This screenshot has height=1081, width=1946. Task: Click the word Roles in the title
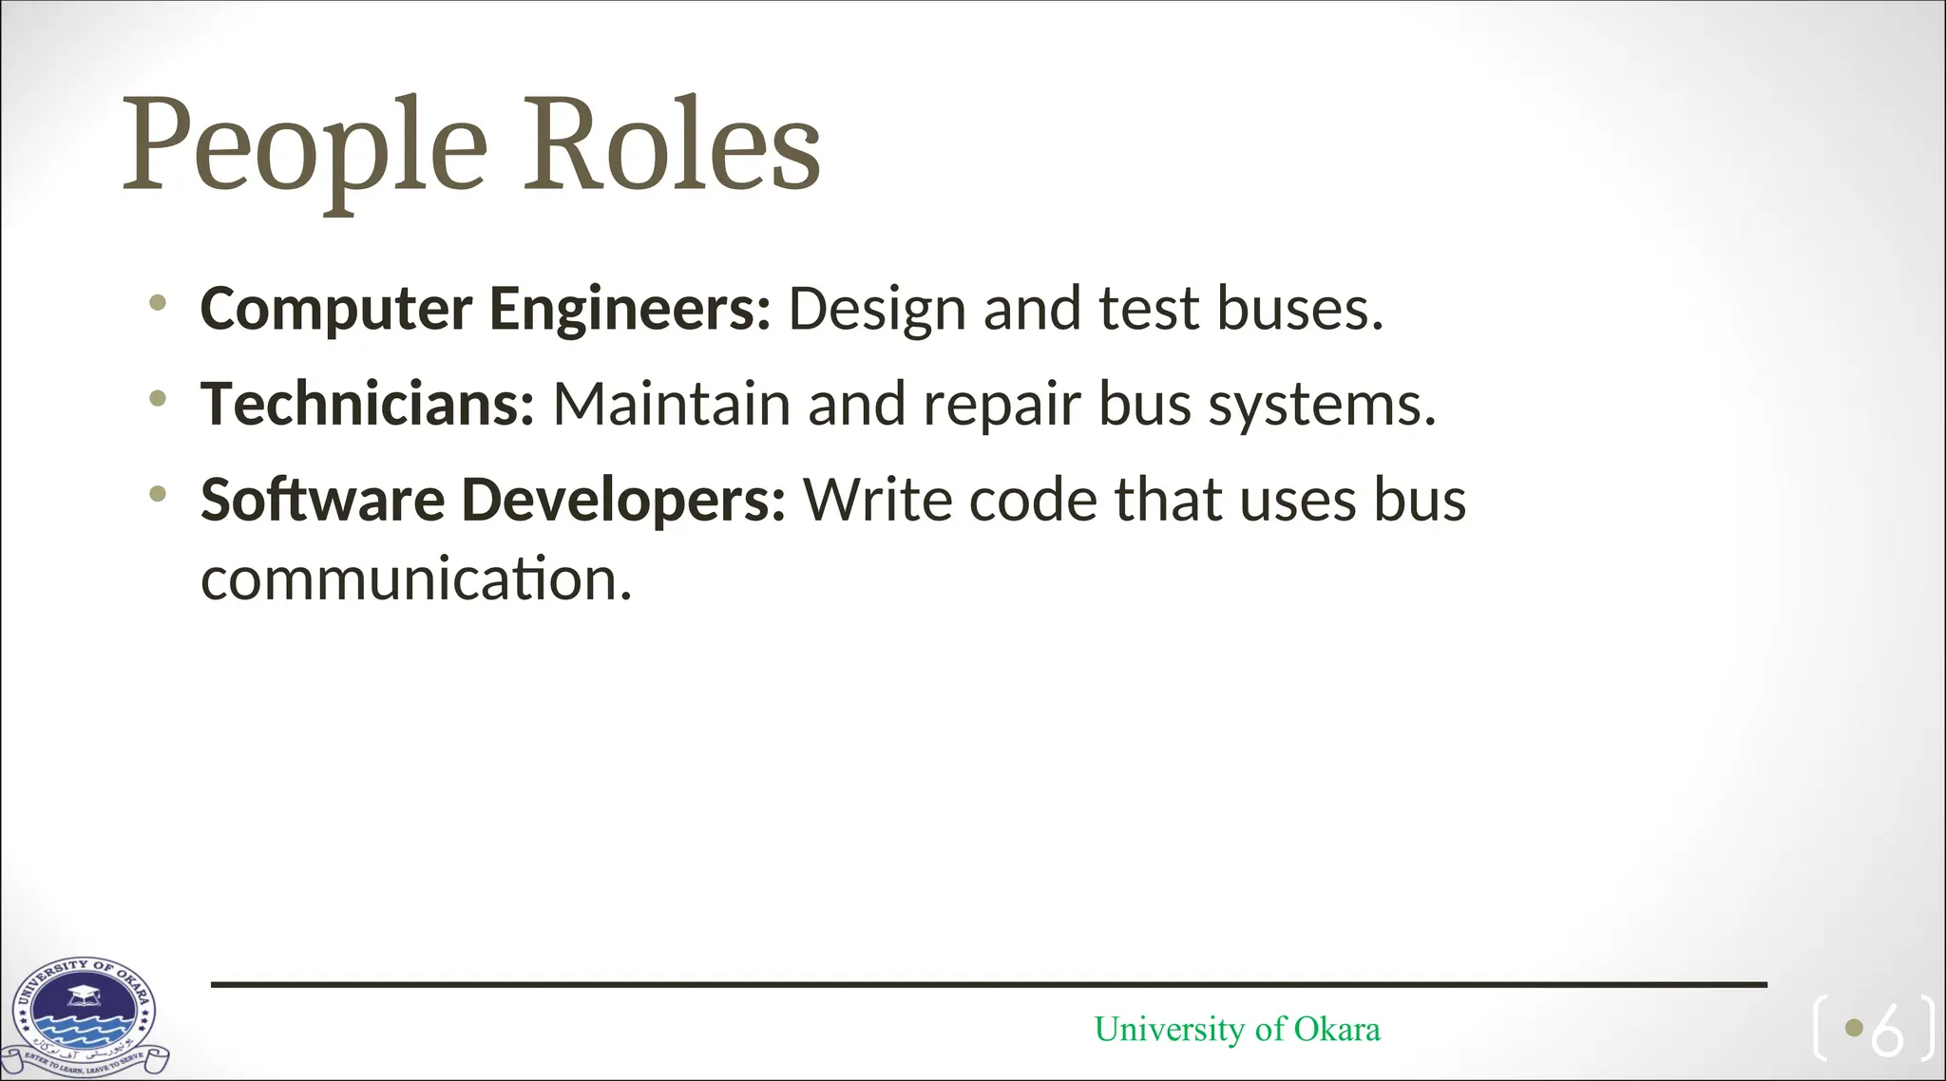point(672,145)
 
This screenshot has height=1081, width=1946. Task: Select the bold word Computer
point(336,309)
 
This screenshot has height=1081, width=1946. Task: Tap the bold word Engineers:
point(629,309)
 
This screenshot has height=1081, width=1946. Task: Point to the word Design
point(876,309)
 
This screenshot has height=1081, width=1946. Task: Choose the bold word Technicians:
point(368,404)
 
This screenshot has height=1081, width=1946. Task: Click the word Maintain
point(671,404)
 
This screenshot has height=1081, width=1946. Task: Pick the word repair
point(1002,406)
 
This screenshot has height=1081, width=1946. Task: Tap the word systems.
point(1322,406)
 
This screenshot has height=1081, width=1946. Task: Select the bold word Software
point(322,500)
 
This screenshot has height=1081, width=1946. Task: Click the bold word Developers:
point(623,500)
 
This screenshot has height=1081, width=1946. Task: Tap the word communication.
point(415,579)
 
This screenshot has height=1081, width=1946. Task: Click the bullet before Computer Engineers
point(158,303)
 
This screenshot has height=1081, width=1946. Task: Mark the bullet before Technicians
point(158,398)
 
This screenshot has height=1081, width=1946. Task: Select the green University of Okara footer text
point(1237,1029)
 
